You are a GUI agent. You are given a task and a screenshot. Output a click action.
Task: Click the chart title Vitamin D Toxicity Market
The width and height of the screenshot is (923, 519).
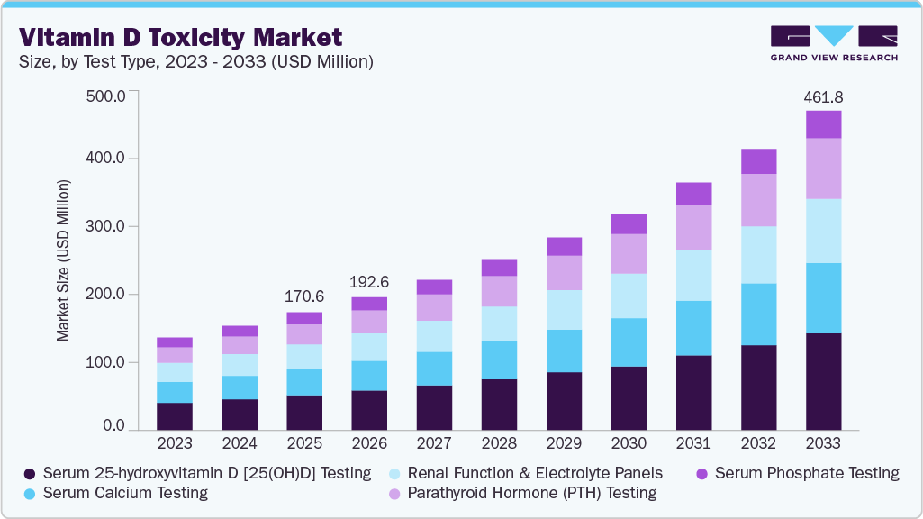(x=181, y=37)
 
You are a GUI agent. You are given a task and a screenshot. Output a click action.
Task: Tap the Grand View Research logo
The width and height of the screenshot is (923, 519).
(x=834, y=42)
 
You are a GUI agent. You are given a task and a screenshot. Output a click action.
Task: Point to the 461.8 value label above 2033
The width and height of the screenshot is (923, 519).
(x=823, y=96)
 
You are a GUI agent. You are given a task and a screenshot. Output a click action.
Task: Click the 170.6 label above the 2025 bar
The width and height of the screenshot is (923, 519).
(x=304, y=297)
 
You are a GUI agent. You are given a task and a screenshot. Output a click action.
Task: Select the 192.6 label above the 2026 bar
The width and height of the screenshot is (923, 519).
(x=369, y=282)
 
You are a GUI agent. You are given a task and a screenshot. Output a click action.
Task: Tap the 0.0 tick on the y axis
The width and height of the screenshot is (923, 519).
(x=113, y=425)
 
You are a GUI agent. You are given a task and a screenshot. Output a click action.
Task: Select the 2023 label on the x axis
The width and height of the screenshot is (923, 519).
(x=175, y=443)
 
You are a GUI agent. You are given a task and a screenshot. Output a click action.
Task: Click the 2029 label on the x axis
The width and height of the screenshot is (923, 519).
(x=564, y=443)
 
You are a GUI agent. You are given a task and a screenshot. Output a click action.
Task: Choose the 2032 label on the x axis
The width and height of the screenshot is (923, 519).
(x=758, y=443)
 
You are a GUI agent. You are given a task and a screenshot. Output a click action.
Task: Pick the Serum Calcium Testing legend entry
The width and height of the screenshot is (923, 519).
(x=118, y=493)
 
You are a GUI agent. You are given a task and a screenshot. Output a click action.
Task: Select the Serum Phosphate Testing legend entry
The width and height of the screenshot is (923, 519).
(x=796, y=473)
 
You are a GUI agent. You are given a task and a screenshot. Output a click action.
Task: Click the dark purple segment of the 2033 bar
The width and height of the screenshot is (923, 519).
(x=823, y=380)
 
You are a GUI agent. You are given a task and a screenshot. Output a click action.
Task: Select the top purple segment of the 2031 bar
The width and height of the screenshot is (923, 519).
(x=693, y=194)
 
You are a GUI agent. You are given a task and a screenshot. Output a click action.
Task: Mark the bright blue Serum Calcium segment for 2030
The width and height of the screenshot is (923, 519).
(x=629, y=342)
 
